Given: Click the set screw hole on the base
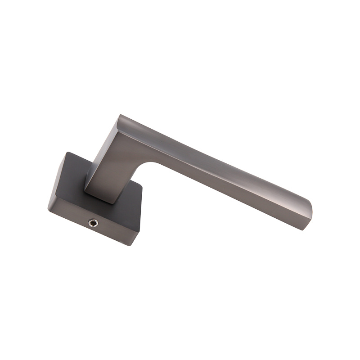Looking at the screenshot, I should pyautogui.click(x=93, y=222).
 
